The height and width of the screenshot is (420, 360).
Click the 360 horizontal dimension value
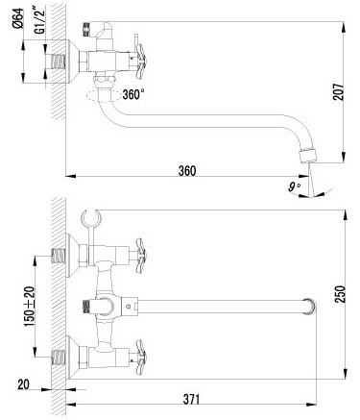click(x=187, y=171)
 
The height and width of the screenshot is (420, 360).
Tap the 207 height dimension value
click(x=339, y=92)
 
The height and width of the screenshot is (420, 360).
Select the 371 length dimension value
click(x=191, y=400)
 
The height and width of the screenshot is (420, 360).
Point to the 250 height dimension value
click(x=340, y=294)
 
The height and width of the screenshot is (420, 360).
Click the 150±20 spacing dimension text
click(x=30, y=307)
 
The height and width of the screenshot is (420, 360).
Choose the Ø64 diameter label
click(x=18, y=18)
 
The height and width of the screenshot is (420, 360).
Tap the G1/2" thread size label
click(x=40, y=21)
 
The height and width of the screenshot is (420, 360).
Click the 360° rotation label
click(x=133, y=94)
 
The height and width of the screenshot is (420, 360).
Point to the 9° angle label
click(x=294, y=186)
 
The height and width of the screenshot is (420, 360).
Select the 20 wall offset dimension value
click(x=23, y=384)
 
